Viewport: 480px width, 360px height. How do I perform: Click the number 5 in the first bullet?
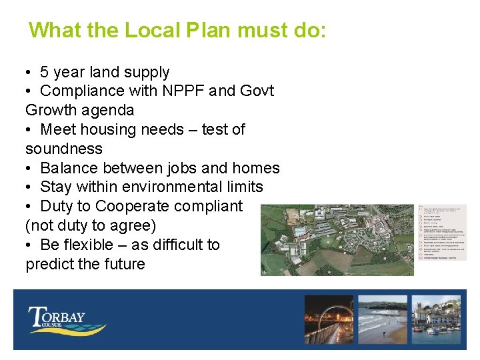[44, 72]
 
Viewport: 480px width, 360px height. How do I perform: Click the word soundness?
[64, 149]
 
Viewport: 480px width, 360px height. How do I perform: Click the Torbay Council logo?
[66, 319]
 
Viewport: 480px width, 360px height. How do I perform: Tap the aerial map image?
[337, 239]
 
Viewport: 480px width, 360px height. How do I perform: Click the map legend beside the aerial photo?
[442, 231]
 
